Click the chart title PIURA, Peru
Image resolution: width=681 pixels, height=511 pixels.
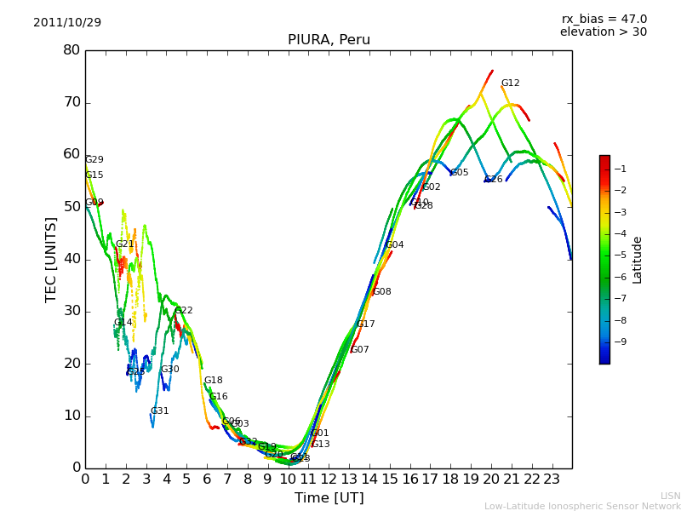point(329,40)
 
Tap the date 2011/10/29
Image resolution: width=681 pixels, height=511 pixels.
point(67,23)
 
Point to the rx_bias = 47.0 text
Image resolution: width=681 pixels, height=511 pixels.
point(604,20)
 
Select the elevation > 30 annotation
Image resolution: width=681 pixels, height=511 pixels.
point(603,32)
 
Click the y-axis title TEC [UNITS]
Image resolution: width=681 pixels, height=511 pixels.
point(51,259)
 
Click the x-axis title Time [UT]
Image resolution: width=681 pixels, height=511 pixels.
point(329,497)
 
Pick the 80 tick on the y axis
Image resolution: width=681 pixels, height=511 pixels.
point(72,50)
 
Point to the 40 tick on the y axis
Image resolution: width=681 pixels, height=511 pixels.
point(72,259)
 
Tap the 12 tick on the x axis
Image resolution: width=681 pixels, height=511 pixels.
point(329,479)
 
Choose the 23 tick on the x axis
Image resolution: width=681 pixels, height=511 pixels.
point(552,479)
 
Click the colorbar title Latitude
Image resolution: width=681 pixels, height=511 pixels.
point(637,260)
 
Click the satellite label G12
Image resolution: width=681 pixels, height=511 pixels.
point(510,83)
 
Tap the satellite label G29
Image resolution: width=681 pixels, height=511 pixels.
point(94,160)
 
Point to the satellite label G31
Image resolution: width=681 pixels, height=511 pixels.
point(159,411)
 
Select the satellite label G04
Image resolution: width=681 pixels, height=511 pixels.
point(394,245)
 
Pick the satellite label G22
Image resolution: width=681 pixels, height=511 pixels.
point(183,311)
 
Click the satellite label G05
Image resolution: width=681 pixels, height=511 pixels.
point(460,173)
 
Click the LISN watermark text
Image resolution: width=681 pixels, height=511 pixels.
point(670,496)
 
